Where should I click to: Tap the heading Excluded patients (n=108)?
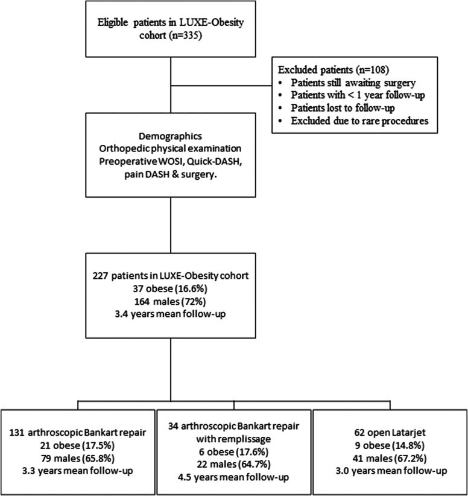click(x=334, y=69)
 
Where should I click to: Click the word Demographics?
click(x=171, y=136)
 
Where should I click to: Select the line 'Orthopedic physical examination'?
click(x=171, y=148)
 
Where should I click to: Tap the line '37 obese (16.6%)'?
click(x=171, y=288)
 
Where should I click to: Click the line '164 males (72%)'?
click(x=171, y=302)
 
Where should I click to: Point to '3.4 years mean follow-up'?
click(x=171, y=314)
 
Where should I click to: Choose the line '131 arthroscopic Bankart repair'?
click(x=78, y=433)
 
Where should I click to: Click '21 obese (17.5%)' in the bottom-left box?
click(x=78, y=445)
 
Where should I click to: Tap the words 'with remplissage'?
click(x=233, y=439)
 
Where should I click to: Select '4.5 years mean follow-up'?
click(x=233, y=477)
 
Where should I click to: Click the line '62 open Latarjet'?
click(x=390, y=433)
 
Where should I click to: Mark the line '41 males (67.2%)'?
click(x=390, y=458)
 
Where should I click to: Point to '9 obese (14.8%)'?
click(x=390, y=445)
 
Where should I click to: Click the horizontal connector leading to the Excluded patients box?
click(x=221, y=86)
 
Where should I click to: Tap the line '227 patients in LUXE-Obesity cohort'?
click(x=171, y=276)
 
